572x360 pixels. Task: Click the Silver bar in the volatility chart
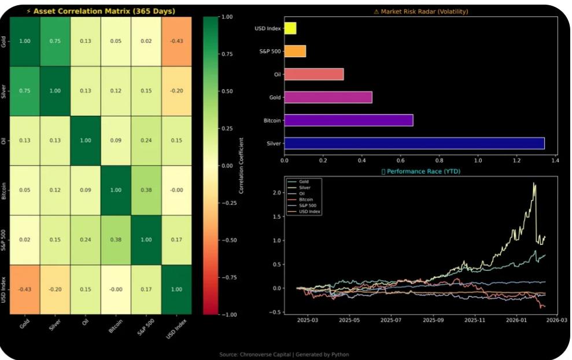[414, 143]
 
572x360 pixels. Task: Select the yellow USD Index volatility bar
[290, 28]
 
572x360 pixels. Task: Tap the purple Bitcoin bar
[349, 120]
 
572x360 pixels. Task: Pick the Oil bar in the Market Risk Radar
[314, 74]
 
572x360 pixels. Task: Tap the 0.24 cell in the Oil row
[146, 141]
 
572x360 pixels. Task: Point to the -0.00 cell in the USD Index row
[116, 289]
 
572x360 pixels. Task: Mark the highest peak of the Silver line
[534, 183]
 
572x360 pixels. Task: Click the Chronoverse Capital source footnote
[284, 354]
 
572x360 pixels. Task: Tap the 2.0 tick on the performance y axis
[278, 192]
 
